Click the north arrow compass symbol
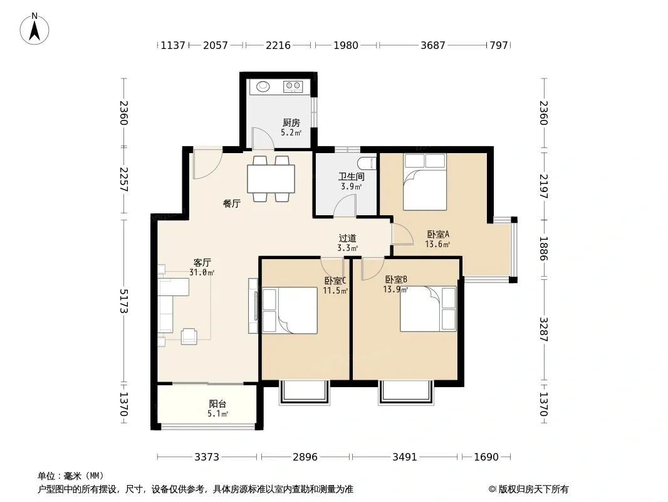point(34,29)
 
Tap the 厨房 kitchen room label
point(291,123)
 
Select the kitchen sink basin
point(263,87)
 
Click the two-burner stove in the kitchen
point(293,87)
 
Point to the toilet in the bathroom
point(368,163)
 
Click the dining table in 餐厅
point(271,179)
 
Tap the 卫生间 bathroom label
point(352,176)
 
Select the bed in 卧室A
point(425,182)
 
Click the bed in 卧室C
point(290,310)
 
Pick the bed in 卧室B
point(428,309)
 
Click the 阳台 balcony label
point(217,404)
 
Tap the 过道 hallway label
point(347,238)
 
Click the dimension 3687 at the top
point(433,45)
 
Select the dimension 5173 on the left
point(123,301)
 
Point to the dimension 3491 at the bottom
point(405,457)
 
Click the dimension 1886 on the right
point(543,248)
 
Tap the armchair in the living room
point(189,336)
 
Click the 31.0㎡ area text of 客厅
point(202,272)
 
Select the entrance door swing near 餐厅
point(207,163)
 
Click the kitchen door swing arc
point(263,139)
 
